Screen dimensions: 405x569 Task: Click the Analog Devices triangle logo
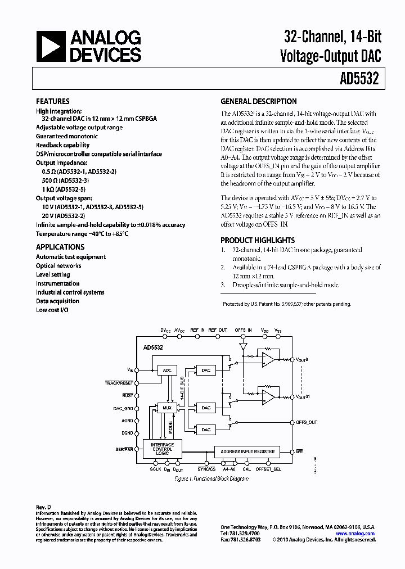tap(50, 46)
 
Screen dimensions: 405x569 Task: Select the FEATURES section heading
tap(53, 102)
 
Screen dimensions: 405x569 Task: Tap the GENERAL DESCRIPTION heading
tap(258, 102)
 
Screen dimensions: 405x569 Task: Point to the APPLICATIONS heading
tap(60, 247)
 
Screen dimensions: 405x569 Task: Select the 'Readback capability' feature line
tap(62, 145)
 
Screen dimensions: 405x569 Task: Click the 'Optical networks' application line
tap(58, 266)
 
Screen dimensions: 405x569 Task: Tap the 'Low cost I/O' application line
tap(52, 310)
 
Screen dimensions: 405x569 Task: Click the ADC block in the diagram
tap(166, 371)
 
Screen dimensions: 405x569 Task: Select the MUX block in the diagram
tap(166, 408)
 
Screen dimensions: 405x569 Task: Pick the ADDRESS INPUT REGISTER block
tap(248, 451)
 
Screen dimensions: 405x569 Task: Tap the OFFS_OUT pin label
tap(306, 422)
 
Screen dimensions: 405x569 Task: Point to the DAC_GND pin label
tap(124, 408)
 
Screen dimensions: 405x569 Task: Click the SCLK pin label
tap(156, 469)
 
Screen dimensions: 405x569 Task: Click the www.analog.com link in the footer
tap(355, 534)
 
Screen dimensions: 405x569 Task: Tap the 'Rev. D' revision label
tap(43, 507)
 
